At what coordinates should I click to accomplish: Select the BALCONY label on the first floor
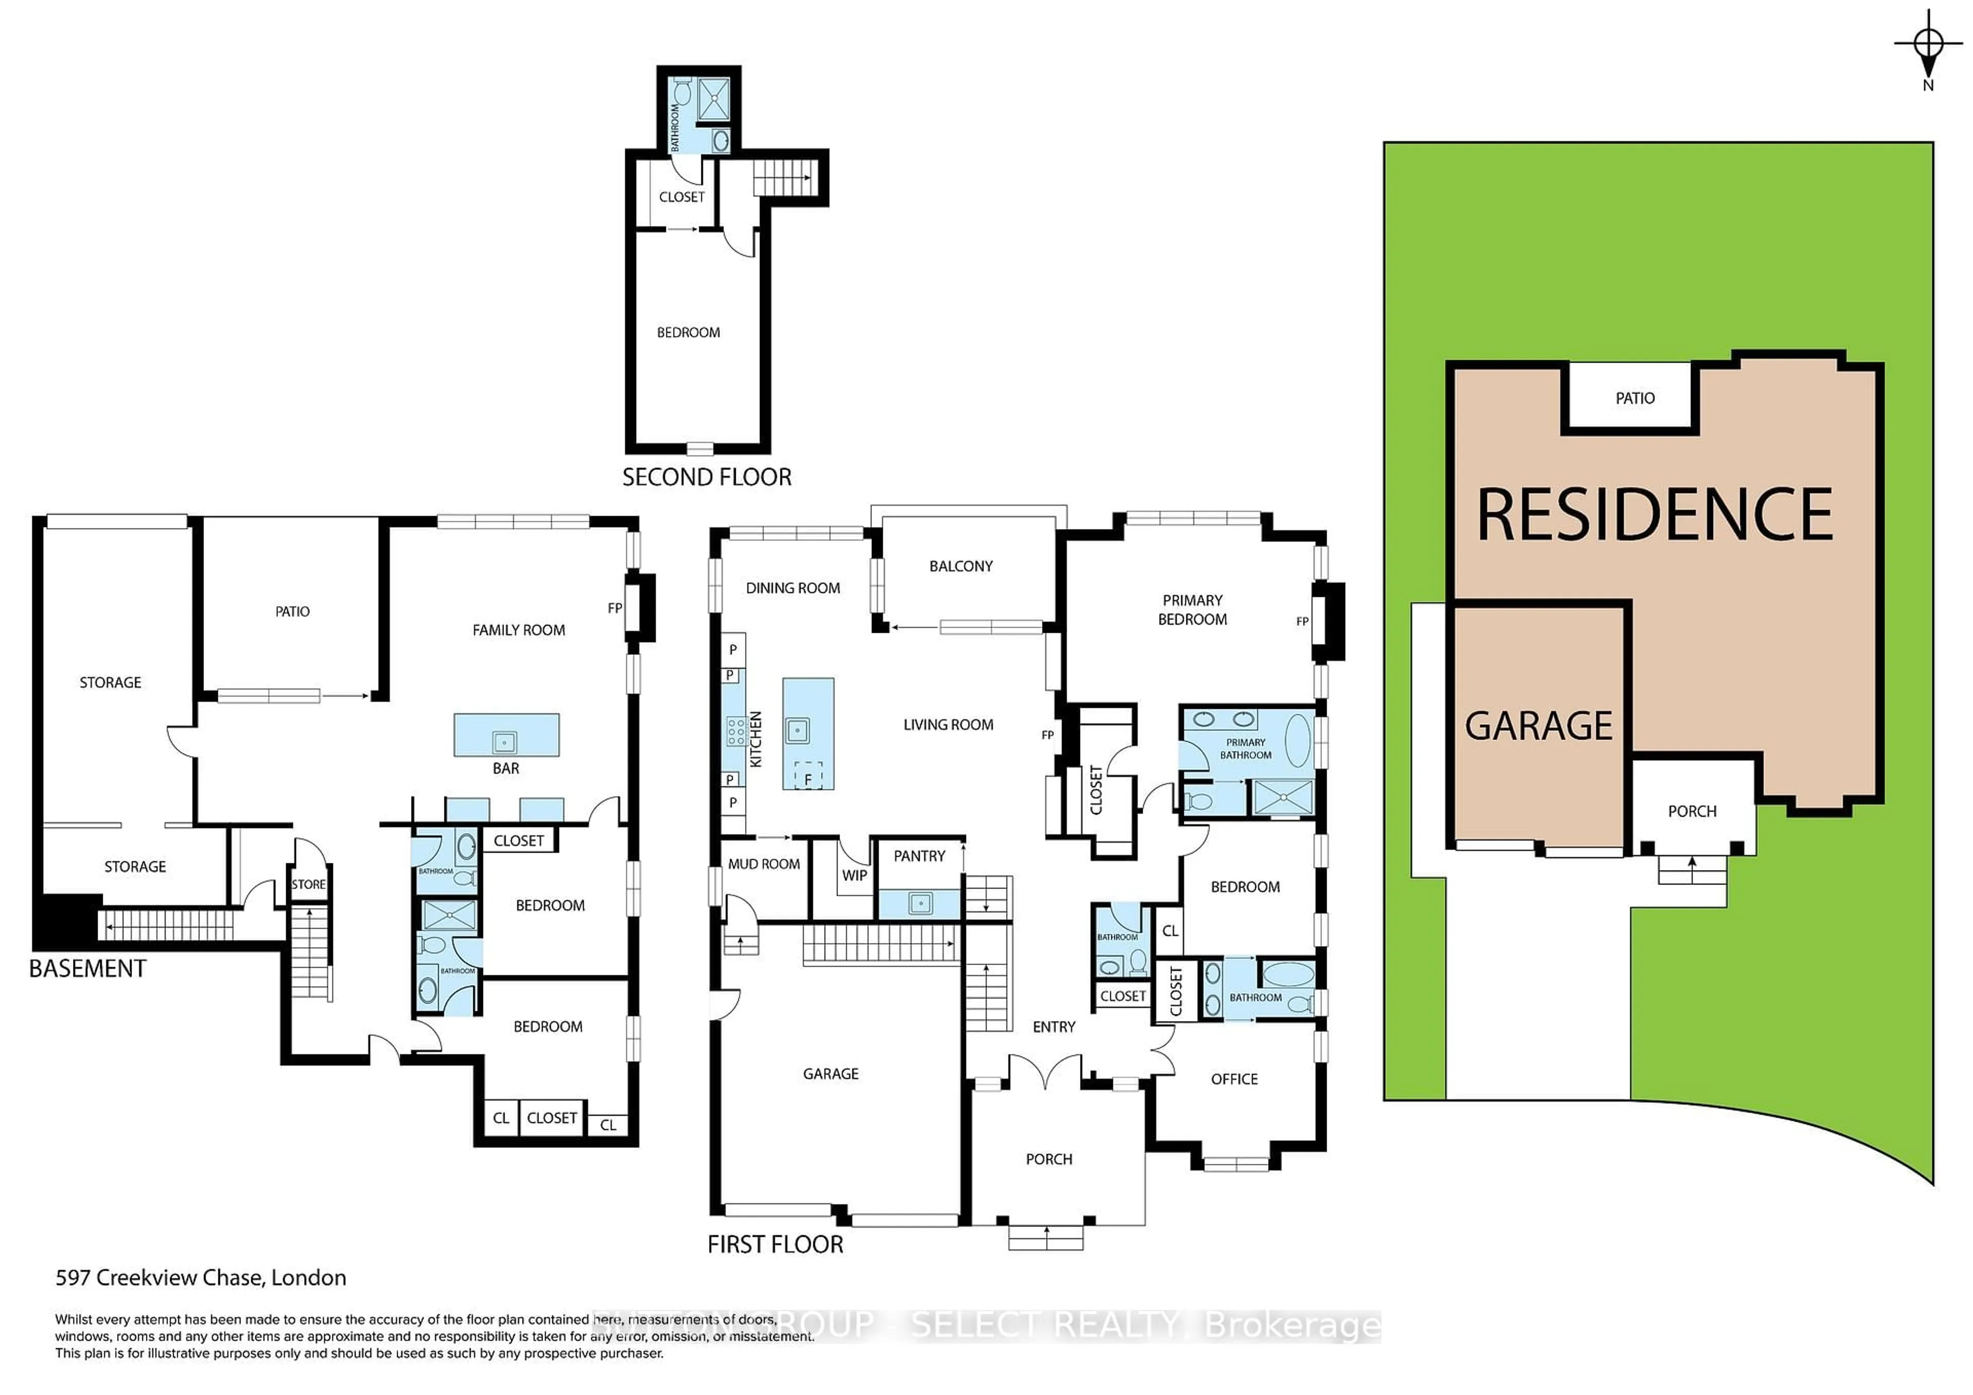coord(961,566)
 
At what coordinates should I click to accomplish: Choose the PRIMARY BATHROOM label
coord(1245,748)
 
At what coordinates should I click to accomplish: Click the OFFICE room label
coord(1234,1079)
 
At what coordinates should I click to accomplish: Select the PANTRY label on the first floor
coord(919,856)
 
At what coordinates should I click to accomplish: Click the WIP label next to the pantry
coord(854,875)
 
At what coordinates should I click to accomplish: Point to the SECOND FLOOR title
coord(706,478)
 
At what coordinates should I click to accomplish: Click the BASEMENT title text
coord(88,969)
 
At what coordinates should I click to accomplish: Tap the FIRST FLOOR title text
coord(775,1245)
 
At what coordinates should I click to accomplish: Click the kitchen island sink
coord(797,731)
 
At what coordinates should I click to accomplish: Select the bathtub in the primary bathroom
coord(1297,740)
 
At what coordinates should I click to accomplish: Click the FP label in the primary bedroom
coord(1302,621)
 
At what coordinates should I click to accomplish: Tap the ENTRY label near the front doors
coord(1053,1027)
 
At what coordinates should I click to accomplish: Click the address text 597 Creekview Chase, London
coord(200,1278)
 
